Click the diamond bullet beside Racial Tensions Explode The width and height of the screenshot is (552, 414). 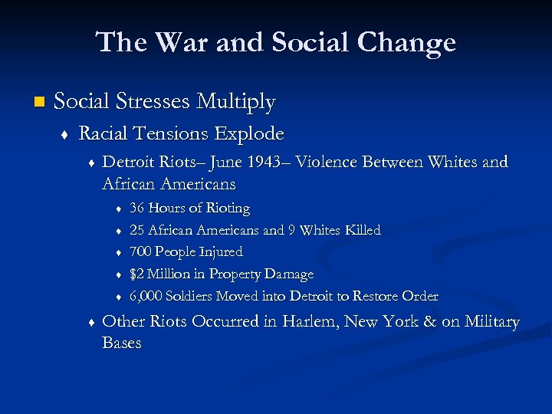point(64,135)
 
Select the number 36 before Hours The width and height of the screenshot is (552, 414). point(137,209)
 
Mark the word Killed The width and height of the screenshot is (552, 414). point(363,230)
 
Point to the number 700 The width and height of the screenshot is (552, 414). point(140,252)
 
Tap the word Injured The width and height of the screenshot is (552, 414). point(220,252)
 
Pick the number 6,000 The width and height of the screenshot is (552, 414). point(145,297)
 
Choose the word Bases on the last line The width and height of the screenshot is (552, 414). point(121,343)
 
